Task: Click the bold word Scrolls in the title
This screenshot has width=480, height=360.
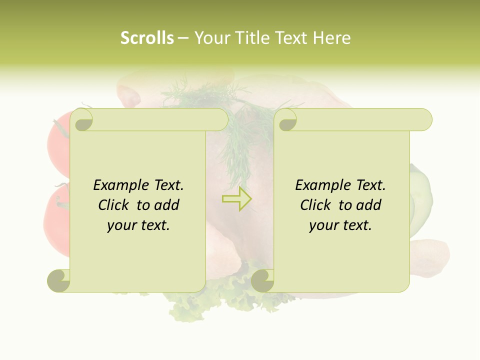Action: [x=147, y=38]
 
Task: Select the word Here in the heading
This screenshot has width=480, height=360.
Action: [x=331, y=38]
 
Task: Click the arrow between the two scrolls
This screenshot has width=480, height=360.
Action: [x=237, y=198]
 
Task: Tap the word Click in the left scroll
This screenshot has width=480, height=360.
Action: [x=115, y=205]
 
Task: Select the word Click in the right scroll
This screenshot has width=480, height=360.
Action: [x=316, y=205]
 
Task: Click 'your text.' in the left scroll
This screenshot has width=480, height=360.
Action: [x=138, y=225]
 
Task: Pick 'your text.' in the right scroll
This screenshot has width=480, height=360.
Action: [x=340, y=225]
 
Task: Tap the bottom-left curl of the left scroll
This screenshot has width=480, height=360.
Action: [x=59, y=280]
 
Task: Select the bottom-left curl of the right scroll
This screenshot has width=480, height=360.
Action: [x=262, y=280]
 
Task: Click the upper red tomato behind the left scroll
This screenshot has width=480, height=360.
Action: [x=57, y=142]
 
